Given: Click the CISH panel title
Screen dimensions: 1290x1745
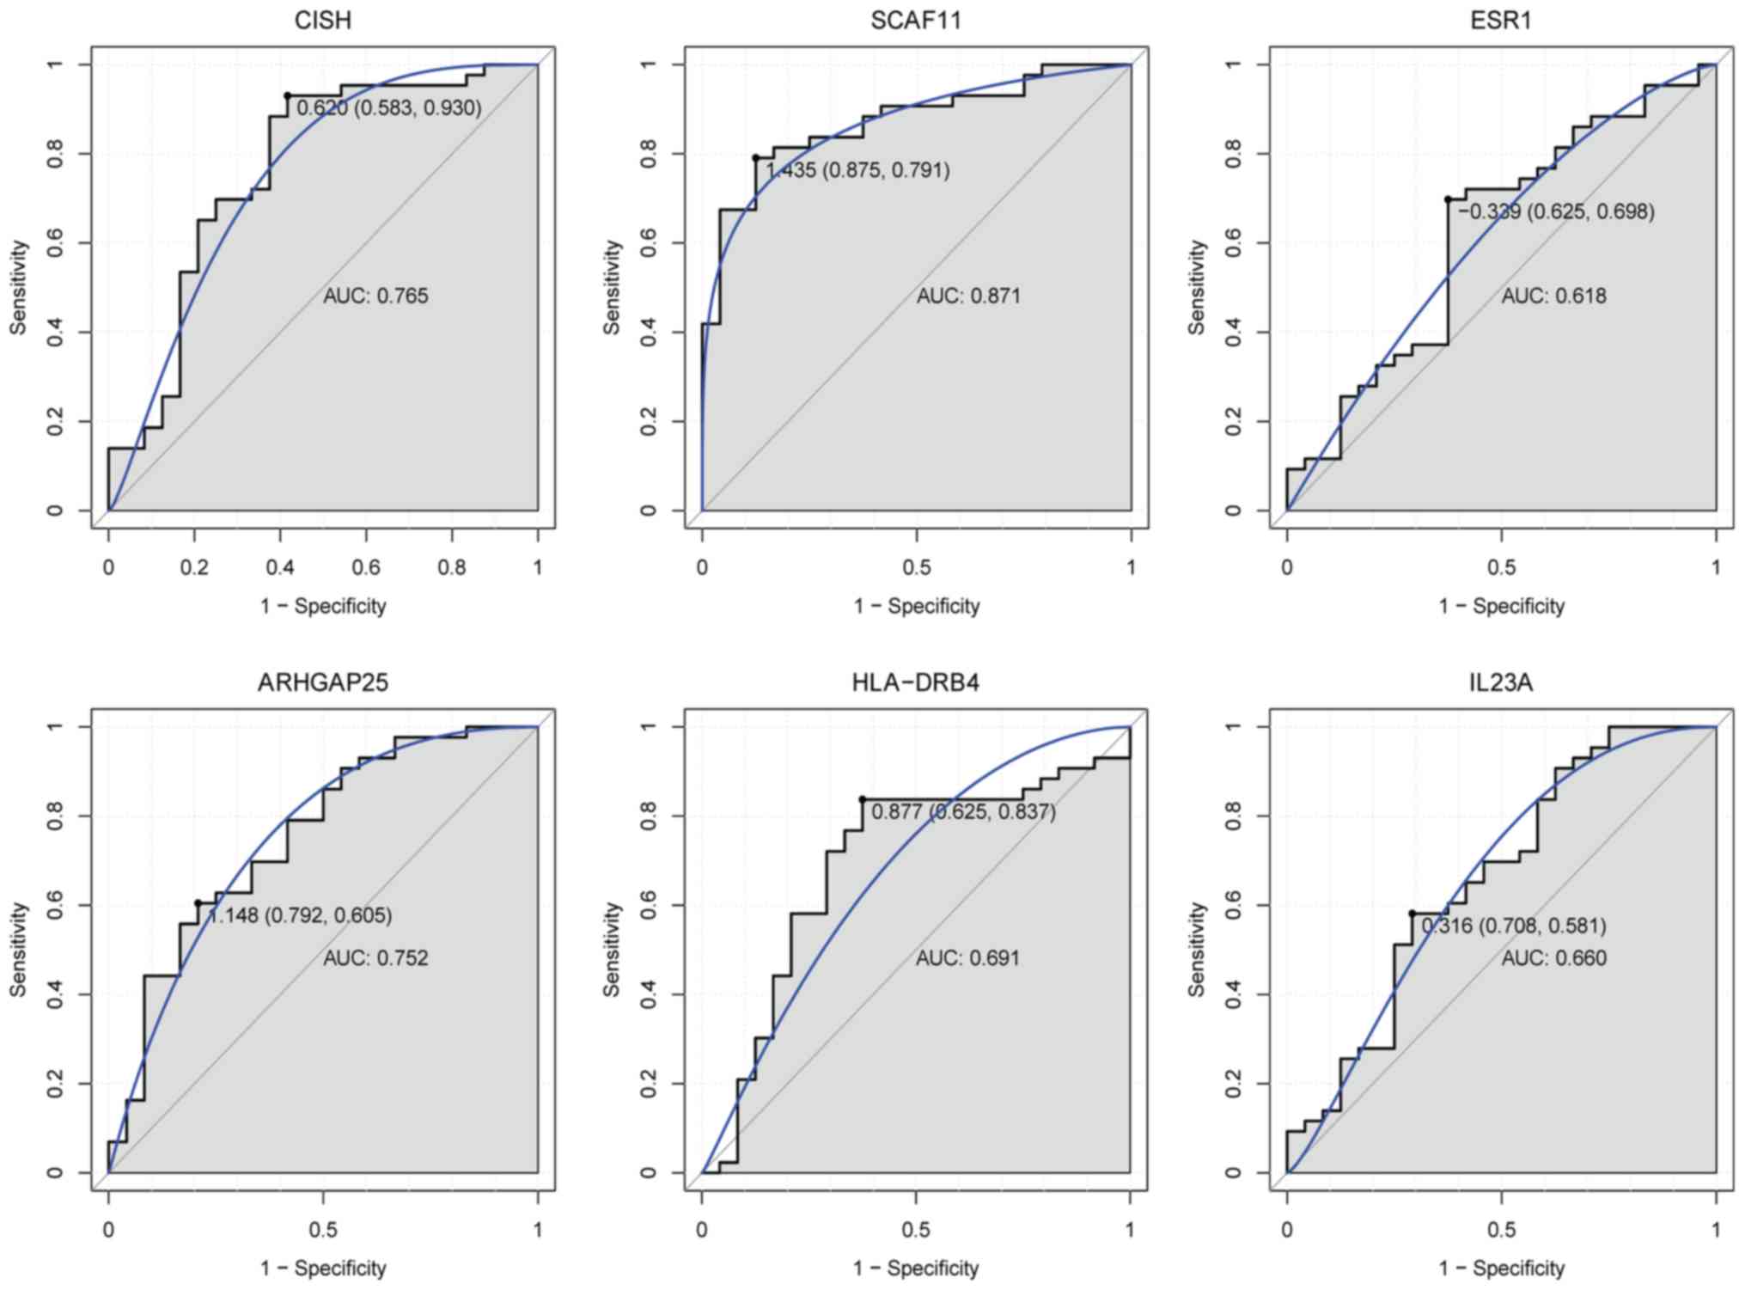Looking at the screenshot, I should [x=323, y=20].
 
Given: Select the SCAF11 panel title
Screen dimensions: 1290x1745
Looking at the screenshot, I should [x=916, y=20].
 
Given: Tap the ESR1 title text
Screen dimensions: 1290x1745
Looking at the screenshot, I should [x=1501, y=20].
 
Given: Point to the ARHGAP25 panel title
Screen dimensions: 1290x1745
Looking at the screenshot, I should [x=323, y=682].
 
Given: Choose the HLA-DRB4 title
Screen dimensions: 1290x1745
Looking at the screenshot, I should [x=916, y=682].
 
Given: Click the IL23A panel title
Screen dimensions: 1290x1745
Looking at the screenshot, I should [x=1501, y=682].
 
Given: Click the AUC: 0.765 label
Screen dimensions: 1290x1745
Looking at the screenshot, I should [x=375, y=297].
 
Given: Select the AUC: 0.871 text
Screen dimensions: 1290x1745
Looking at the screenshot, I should [x=968, y=297].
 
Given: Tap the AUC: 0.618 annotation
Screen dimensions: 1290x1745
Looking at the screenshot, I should [x=1553, y=297].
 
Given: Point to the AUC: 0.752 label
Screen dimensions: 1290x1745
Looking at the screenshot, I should [x=375, y=958].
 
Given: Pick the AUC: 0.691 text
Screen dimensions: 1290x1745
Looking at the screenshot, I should [x=968, y=958].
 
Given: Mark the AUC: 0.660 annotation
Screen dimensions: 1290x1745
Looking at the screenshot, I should [x=1553, y=958].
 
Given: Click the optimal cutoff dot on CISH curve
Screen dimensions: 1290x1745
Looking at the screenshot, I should [x=288, y=95].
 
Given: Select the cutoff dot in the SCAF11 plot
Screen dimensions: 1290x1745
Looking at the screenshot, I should [x=756, y=158].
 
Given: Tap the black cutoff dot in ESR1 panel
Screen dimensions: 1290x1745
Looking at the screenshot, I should [x=1448, y=199].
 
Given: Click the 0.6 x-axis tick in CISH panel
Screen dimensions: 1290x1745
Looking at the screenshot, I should [x=366, y=567].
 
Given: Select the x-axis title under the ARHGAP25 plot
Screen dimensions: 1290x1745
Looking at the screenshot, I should [x=323, y=1269].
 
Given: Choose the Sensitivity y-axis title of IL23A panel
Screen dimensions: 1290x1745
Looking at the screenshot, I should [x=1197, y=950].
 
